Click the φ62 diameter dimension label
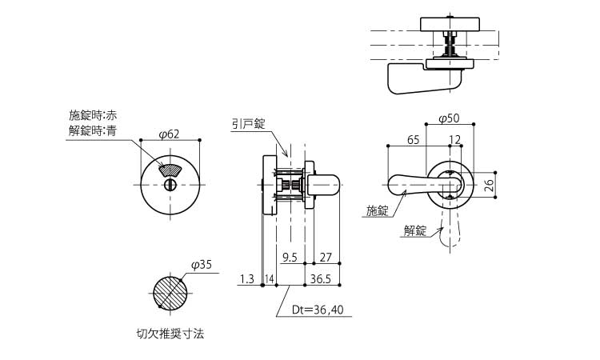[x=169, y=133]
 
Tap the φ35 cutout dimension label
[x=202, y=264]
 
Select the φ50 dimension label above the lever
[x=449, y=118]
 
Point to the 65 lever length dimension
[x=413, y=140]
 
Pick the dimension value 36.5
[x=321, y=278]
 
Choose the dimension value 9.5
[x=290, y=258]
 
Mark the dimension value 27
[x=326, y=258]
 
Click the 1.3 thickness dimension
[x=246, y=278]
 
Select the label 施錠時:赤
[x=93, y=115]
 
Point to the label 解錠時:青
[x=93, y=130]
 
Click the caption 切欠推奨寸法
[x=170, y=334]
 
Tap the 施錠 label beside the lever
[x=377, y=210]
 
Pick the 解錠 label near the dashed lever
[x=415, y=230]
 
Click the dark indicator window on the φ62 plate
[x=169, y=169]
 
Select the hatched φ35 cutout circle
[x=170, y=292]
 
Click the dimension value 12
[x=455, y=140]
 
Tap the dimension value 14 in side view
[x=270, y=278]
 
